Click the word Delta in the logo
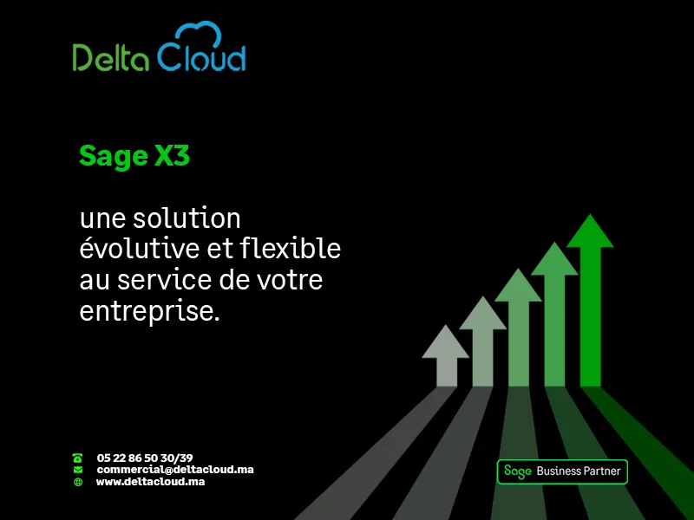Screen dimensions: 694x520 coord(111,57)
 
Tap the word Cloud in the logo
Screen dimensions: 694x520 coord(201,56)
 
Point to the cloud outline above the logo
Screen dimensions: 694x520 coord(199,34)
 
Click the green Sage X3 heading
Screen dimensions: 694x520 coord(134,156)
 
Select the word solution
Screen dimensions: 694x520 coord(187,218)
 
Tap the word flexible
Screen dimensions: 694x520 coord(291,248)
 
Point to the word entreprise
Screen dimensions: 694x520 coord(149,312)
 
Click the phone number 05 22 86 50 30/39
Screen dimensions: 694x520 coord(145,458)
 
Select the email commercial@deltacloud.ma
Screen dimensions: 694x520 coord(175,470)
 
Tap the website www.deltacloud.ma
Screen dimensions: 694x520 coord(150,482)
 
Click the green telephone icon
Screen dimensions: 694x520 coord(77,458)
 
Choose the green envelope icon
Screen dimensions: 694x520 coord(78,470)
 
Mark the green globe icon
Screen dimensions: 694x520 coord(78,482)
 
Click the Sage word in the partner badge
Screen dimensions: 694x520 coord(517,471)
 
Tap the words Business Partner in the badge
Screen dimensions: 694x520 coord(579,471)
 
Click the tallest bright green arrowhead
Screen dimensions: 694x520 coord(590,231)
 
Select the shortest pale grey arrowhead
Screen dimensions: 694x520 coord(445,341)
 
